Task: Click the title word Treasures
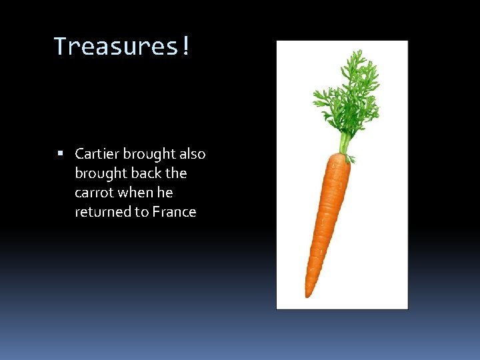(x=116, y=46)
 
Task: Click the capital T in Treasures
(x=60, y=46)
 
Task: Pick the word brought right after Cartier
(x=148, y=154)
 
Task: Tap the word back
(x=145, y=173)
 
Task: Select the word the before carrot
(x=177, y=173)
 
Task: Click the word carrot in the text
(x=94, y=193)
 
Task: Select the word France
(x=174, y=212)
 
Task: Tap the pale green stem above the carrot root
(x=344, y=142)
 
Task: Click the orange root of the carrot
(x=327, y=213)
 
